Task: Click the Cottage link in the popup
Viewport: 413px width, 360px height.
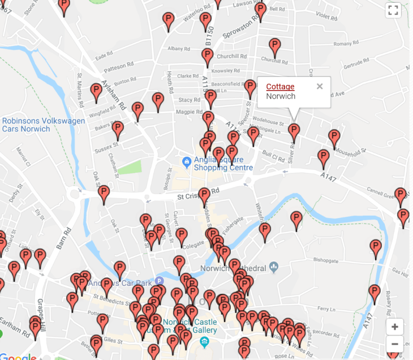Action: tap(280, 87)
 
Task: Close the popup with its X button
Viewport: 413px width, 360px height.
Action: tap(320, 87)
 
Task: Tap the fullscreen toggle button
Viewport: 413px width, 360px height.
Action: tap(393, 10)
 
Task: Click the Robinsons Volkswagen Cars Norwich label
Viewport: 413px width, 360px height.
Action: tap(44, 125)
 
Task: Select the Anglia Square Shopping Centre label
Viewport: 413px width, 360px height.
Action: tap(223, 164)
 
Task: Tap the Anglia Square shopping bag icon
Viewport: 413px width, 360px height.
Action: tap(186, 161)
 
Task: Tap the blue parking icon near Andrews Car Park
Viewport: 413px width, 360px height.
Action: tap(160, 281)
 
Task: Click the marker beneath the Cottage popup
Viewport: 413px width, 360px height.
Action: tap(294, 132)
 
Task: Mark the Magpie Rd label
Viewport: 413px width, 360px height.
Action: tap(189, 112)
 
